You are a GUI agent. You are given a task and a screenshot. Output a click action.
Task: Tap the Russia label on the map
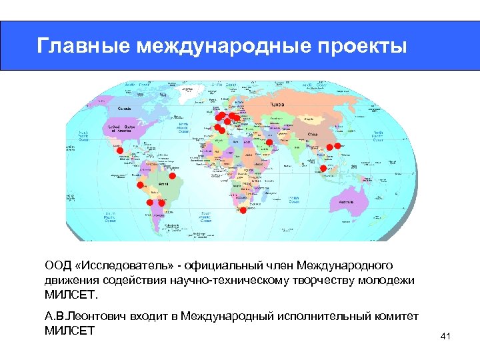tap(277, 105)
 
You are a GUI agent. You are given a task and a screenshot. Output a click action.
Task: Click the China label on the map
tap(312, 135)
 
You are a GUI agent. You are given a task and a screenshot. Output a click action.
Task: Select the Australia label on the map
tap(349, 201)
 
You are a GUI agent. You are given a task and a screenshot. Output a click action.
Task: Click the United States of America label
tap(122, 129)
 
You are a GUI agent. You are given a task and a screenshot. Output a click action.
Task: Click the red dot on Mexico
tap(120, 151)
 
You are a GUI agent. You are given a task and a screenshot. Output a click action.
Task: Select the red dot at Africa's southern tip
tap(243, 210)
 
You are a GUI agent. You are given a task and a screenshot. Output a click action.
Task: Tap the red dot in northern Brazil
tap(172, 177)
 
